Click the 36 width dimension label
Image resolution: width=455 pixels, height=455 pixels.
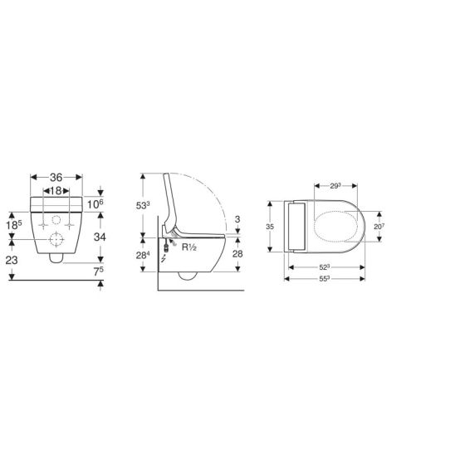(x=56, y=178)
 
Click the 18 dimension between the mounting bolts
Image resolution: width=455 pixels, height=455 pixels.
(x=56, y=191)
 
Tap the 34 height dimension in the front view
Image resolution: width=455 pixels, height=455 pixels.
(x=100, y=237)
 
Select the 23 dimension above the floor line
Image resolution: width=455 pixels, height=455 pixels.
(x=12, y=260)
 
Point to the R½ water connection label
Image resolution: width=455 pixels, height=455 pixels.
(x=189, y=247)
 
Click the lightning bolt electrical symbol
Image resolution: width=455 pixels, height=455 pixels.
(x=164, y=257)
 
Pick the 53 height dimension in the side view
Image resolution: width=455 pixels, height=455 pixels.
(x=143, y=205)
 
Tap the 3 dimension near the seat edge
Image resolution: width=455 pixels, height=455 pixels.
(x=237, y=219)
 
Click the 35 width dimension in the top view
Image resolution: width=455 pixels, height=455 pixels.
(x=270, y=227)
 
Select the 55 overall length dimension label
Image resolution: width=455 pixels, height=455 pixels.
(x=325, y=279)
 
